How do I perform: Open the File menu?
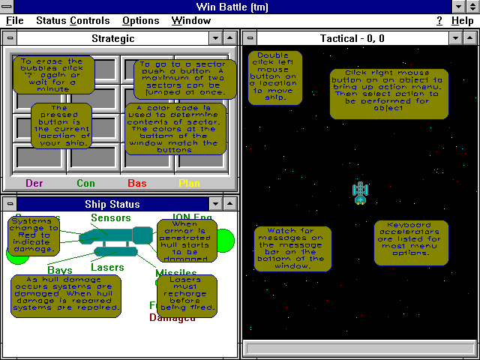tap(15, 21)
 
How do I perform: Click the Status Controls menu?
tap(73, 21)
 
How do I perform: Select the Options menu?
tap(140, 21)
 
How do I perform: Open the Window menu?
tap(190, 21)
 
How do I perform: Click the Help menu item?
tap(462, 21)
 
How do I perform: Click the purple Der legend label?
tap(35, 182)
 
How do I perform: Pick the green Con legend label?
tap(85, 182)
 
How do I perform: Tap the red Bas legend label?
tap(137, 182)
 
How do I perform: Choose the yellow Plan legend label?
tap(188, 182)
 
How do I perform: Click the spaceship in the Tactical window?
tap(361, 193)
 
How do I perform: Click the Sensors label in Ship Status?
tap(111, 218)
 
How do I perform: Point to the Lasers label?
tap(107, 268)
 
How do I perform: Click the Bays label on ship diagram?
tap(60, 269)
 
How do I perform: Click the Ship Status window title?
tap(112, 203)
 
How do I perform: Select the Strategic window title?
tap(112, 37)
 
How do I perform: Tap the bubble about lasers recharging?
tap(187, 295)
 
